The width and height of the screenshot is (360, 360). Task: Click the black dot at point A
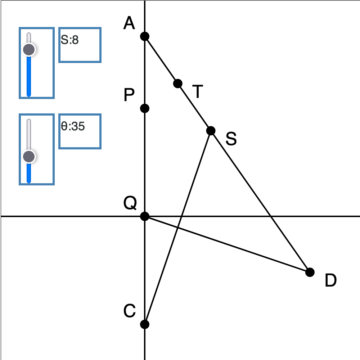[144, 36]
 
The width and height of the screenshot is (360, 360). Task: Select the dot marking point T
[177, 84]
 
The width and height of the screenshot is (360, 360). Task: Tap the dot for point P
[144, 108]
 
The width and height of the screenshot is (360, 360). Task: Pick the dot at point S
[211, 130]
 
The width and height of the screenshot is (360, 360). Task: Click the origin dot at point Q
[144, 216]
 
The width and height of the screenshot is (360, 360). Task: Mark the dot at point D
[310, 272]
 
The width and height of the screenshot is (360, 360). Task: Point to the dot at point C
[144, 324]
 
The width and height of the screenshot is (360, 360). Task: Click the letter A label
[129, 24]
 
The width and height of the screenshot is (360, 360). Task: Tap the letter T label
[197, 92]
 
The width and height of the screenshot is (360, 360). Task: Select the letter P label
[129, 96]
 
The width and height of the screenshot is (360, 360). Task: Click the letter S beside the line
[231, 139]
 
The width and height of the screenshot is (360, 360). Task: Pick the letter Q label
[130, 204]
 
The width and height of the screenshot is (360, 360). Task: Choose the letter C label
[130, 311]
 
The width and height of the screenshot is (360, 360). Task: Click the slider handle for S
[29, 49]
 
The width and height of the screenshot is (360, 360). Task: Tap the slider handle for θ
[29, 157]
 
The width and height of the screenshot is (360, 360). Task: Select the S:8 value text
[70, 40]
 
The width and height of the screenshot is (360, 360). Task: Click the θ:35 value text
[73, 126]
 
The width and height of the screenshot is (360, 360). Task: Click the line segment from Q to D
[227, 244]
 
